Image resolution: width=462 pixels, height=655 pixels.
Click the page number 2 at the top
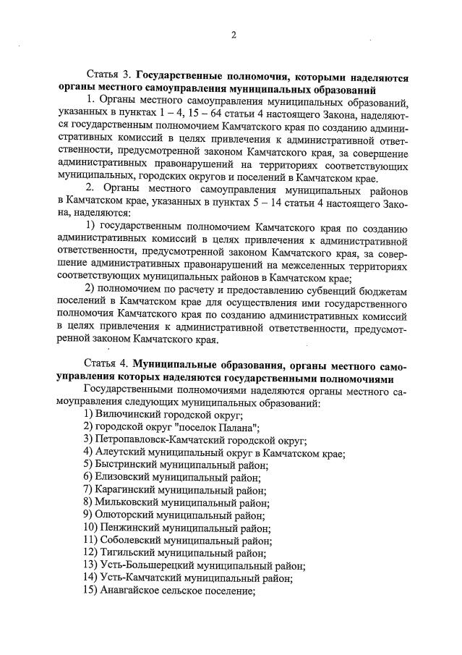tap(233, 35)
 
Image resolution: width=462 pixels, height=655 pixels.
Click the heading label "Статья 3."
tap(108, 75)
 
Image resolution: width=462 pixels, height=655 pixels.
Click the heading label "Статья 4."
tap(108, 364)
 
